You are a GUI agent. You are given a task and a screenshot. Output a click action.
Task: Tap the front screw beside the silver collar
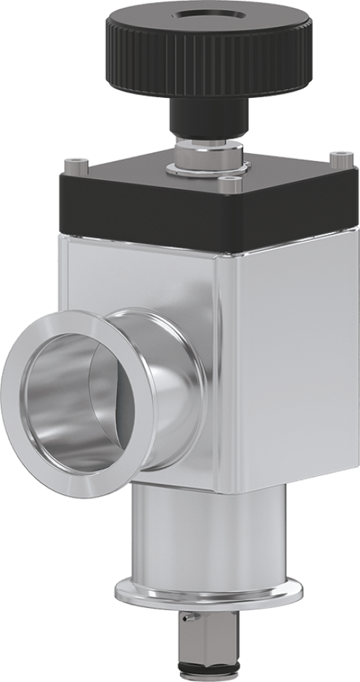[232, 186]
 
